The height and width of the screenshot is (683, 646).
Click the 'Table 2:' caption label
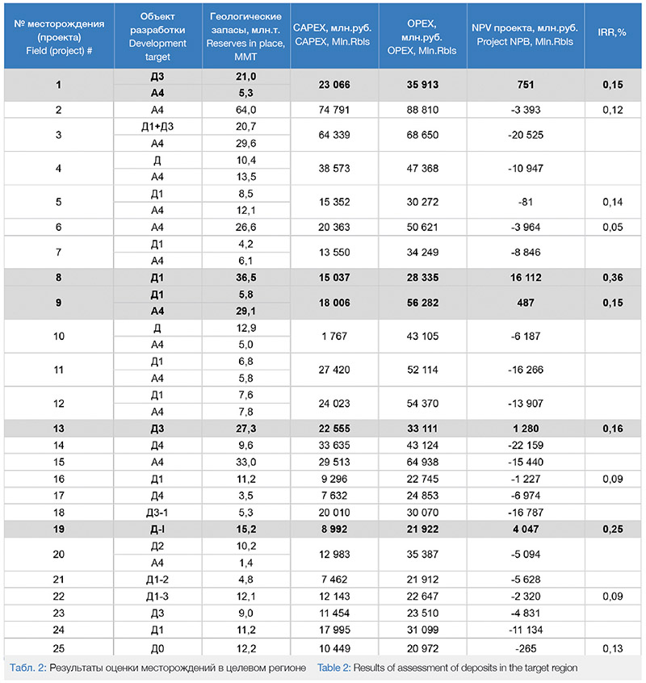pos(338,668)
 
